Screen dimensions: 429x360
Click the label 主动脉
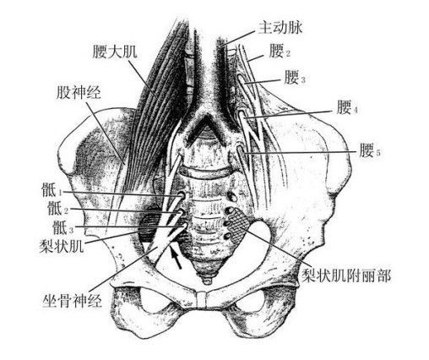click(x=280, y=28)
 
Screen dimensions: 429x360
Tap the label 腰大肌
click(x=115, y=52)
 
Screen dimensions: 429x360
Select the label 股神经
click(x=79, y=92)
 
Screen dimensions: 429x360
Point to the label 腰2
click(x=280, y=52)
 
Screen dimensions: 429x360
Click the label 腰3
click(x=295, y=78)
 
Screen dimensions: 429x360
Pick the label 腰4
click(x=347, y=108)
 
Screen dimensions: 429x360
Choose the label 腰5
click(x=370, y=150)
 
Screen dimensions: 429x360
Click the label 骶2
click(x=58, y=209)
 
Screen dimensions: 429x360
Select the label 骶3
click(x=63, y=227)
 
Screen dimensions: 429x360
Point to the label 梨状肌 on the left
click(x=62, y=246)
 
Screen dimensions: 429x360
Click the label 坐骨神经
click(x=72, y=300)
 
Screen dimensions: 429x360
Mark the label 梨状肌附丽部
click(x=346, y=275)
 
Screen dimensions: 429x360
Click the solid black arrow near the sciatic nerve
click(x=176, y=256)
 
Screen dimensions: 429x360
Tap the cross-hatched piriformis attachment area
click(x=239, y=225)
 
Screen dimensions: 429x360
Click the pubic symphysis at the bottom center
click(x=202, y=299)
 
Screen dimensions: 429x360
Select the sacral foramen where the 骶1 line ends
click(x=181, y=195)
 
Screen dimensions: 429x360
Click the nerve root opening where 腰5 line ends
click(x=240, y=151)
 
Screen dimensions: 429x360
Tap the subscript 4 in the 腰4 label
click(x=356, y=111)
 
